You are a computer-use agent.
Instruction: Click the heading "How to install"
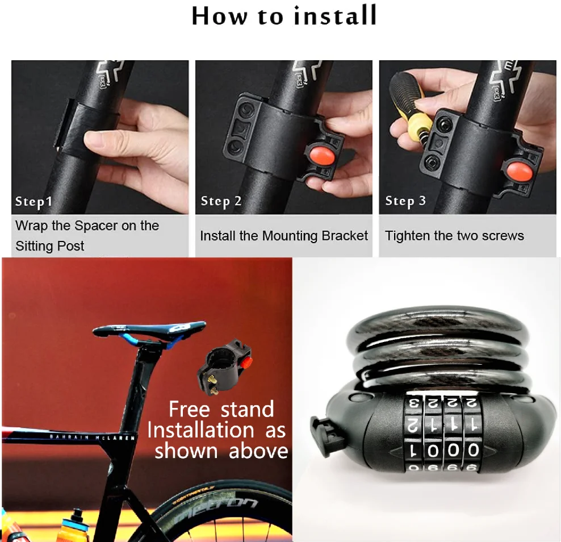[284, 16]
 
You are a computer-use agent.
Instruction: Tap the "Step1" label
[34, 202]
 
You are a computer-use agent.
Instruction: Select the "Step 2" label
[221, 201]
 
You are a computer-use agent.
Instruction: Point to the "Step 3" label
[405, 201]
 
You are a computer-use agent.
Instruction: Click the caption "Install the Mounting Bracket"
[284, 236]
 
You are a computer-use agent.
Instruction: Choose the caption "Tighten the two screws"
[454, 236]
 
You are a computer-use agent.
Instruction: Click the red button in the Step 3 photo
[516, 170]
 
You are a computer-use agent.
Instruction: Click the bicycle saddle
[150, 329]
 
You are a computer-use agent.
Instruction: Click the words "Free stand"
[221, 409]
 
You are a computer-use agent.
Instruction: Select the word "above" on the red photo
[258, 451]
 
